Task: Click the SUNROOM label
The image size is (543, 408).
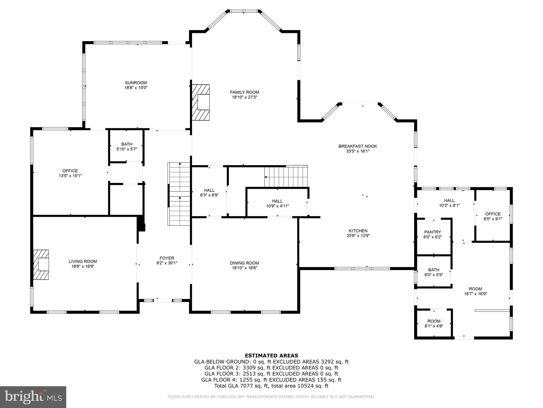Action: pyautogui.click(x=136, y=83)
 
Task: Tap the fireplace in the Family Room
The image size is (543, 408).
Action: pyautogui.click(x=201, y=103)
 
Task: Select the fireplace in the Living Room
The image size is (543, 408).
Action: pyautogui.click(x=41, y=265)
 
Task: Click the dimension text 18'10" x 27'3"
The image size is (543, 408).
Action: pyautogui.click(x=244, y=97)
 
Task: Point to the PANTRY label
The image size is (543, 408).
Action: pyautogui.click(x=432, y=232)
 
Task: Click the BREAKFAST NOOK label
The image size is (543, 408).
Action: pyautogui.click(x=357, y=146)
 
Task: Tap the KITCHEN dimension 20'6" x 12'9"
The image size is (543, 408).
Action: pyautogui.click(x=358, y=236)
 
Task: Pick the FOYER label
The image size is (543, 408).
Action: pyautogui.click(x=167, y=258)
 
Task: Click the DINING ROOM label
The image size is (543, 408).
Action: pyautogui.click(x=244, y=263)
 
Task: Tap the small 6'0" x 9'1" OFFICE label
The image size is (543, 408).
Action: pyautogui.click(x=493, y=214)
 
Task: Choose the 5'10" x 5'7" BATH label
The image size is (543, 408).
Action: pyautogui.click(x=127, y=144)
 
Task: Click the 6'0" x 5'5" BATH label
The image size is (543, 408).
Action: pyautogui.click(x=433, y=270)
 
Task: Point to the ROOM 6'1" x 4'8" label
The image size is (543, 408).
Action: pyautogui.click(x=434, y=321)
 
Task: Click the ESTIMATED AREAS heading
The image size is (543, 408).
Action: pyautogui.click(x=271, y=355)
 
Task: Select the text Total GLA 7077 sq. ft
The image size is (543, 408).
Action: pyautogui.click(x=241, y=386)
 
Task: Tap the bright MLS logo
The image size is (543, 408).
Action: pyautogui.click(x=33, y=397)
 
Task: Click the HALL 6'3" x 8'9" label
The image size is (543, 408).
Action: pyautogui.click(x=209, y=190)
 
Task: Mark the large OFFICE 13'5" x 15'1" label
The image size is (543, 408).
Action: pyautogui.click(x=70, y=171)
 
